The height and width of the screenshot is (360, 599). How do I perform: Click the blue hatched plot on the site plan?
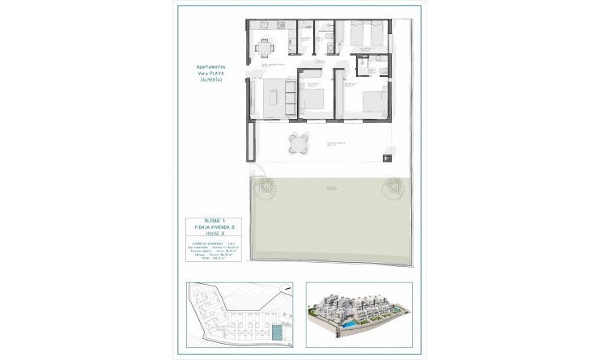coord(278,333)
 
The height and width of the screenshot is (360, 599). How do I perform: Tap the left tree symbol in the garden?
coord(265,191)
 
